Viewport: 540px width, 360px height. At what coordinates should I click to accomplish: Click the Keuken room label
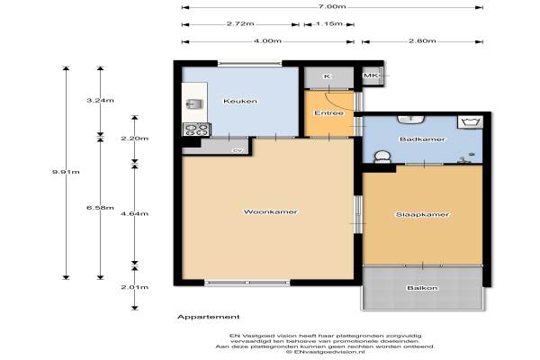click(x=240, y=101)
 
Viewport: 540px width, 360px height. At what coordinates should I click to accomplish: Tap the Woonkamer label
click(x=270, y=211)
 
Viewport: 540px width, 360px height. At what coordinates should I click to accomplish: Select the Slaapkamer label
click(x=422, y=214)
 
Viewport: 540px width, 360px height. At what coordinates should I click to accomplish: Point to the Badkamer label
click(x=422, y=139)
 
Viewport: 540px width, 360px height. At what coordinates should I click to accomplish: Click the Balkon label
click(x=422, y=288)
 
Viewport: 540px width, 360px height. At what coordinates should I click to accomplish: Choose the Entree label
click(x=328, y=113)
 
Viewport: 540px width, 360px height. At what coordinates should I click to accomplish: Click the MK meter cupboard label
click(x=371, y=75)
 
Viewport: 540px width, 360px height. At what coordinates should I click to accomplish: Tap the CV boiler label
click(x=238, y=150)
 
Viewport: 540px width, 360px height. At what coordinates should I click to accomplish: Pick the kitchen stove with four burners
click(x=196, y=130)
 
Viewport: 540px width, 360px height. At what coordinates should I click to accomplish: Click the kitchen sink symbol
click(x=194, y=103)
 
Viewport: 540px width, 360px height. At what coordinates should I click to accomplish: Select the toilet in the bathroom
click(x=382, y=157)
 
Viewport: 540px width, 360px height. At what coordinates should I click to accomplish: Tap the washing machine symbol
click(x=470, y=122)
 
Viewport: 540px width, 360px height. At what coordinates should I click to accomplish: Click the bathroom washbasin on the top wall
click(x=411, y=120)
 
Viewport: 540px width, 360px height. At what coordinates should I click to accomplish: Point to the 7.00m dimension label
click(x=332, y=6)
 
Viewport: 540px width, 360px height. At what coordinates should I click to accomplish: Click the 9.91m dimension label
click(x=66, y=172)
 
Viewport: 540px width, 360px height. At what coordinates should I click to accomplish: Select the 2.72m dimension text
click(x=240, y=23)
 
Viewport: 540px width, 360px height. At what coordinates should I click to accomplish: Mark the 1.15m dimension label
click(x=328, y=23)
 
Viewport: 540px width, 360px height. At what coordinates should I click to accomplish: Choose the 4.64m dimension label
click(x=135, y=214)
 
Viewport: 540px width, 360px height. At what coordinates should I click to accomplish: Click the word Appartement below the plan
click(x=209, y=317)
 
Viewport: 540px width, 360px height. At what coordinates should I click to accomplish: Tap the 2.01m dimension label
click(x=135, y=287)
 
